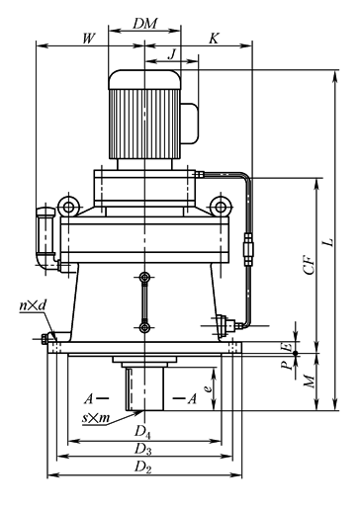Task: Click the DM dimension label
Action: (145, 24)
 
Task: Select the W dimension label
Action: (89, 39)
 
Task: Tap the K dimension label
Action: (214, 39)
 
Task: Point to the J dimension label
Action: (172, 53)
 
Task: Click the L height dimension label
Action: (328, 242)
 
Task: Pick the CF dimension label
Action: (310, 264)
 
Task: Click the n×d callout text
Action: (33, 305)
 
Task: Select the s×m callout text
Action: (96, 418)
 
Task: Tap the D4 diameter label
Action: (142, 432)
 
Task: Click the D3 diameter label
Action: (142, 450)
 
